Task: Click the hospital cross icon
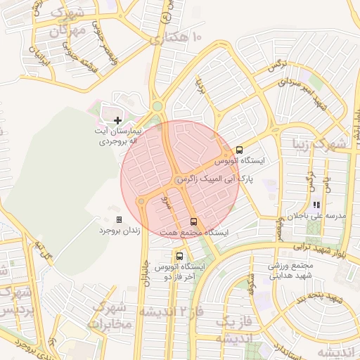[117, 121]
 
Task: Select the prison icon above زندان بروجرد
[118, 219]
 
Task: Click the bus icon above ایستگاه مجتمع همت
[194, 222]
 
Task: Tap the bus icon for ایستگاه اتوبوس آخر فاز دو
[180, 256]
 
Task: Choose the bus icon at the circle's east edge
[240, 150]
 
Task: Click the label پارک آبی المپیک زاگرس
[214, 180]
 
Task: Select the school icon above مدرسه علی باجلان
[316, 205]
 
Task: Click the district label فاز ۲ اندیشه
[168, 311]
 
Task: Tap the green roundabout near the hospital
[157, 106]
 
